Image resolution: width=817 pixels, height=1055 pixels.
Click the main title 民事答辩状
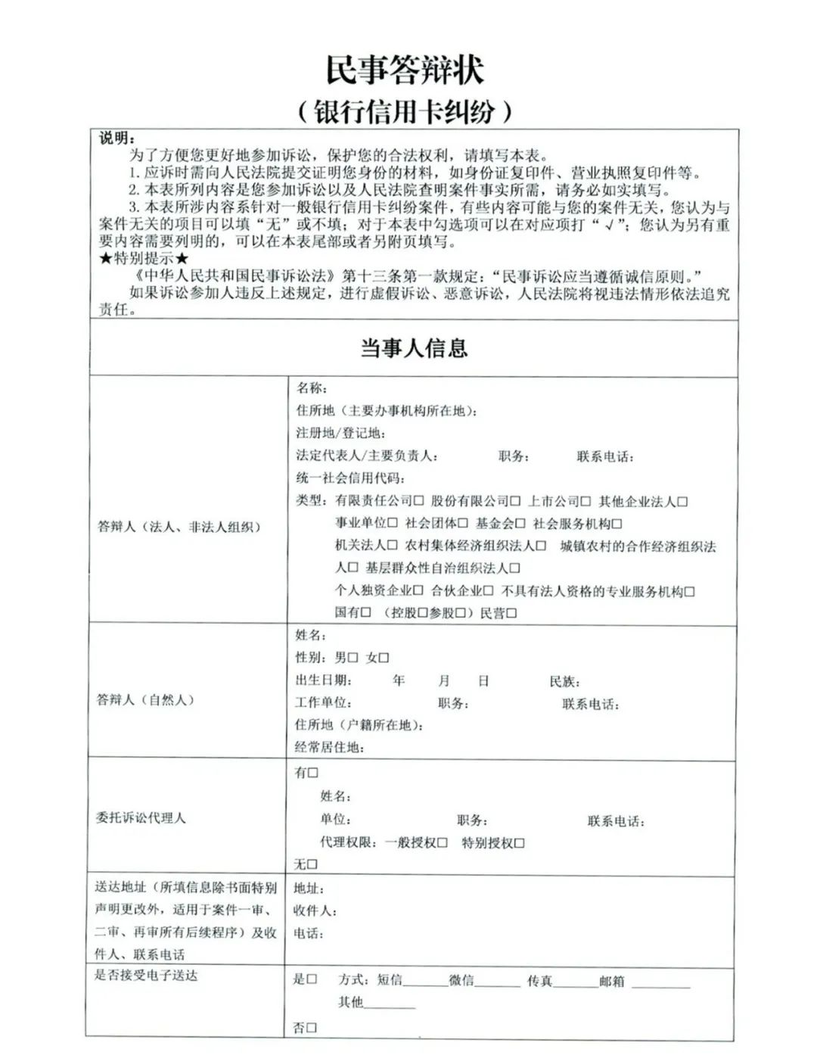point(405,70)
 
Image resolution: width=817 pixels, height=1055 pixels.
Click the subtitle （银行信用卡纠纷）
point(405,111)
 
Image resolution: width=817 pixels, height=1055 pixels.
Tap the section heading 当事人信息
point(413,348)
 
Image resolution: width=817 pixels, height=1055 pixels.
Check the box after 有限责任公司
point(419,501)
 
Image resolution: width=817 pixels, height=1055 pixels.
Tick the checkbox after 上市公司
point(585,501)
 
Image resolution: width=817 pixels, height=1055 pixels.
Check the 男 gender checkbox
point(353,658)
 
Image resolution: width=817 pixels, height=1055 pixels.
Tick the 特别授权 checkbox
point(519,843)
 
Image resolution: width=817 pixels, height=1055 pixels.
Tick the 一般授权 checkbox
point(443,843)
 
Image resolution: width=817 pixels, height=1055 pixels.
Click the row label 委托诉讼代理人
point(141,818)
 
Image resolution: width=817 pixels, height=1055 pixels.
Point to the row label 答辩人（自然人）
point(146,700)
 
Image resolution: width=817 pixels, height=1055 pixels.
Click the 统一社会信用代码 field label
point(350,478)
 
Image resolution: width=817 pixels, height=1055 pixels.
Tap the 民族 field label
point(564,682)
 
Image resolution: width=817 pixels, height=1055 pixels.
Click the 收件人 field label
point(315,911)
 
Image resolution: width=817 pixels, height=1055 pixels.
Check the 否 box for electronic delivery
point(312,1028)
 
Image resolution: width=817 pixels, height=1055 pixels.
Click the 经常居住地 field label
point(329,748)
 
